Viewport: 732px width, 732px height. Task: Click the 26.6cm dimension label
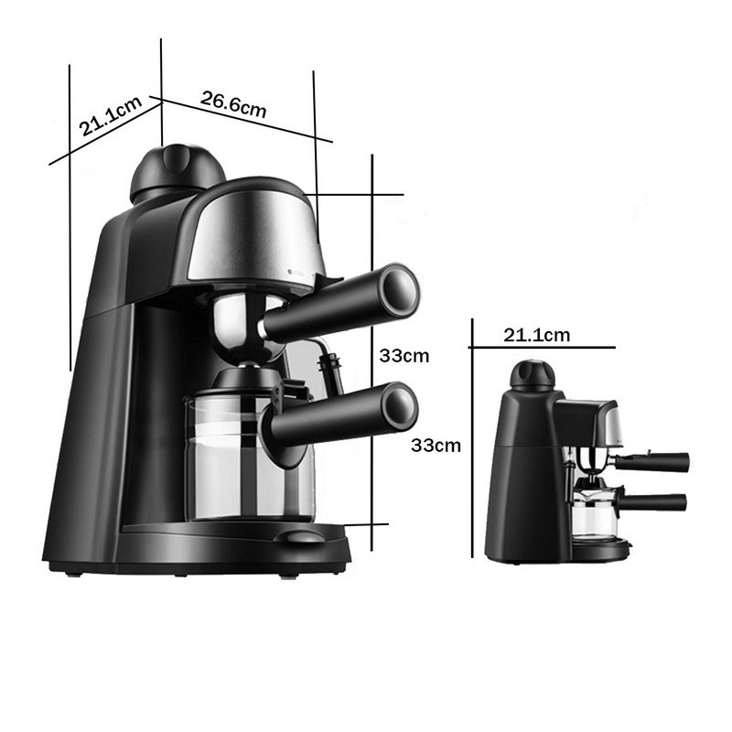point(233,104)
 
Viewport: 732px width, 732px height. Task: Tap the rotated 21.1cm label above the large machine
point(110,116)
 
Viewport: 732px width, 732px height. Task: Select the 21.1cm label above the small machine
point(536,335)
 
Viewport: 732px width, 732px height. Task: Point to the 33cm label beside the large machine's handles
point(404,356)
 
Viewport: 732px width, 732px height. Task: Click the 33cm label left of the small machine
point(436,446)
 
